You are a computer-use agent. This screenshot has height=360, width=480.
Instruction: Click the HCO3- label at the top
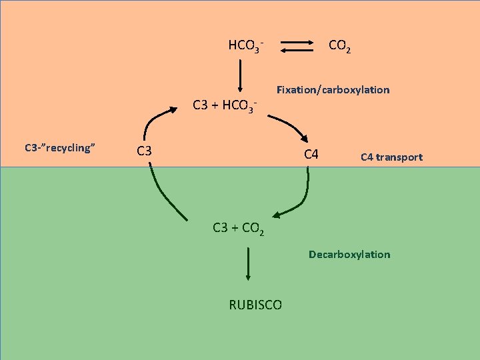(x=246, y=46)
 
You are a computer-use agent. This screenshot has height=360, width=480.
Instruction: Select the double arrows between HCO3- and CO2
(x=297, y=46)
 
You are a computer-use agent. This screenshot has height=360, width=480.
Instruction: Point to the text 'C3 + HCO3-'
(x=225, y=105)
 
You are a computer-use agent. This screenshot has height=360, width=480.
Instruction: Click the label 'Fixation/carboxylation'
(x=333, y=89)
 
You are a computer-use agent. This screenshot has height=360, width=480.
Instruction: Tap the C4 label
(x=311, y=155)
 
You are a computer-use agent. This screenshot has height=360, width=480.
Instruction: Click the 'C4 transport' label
(x=391, y=157)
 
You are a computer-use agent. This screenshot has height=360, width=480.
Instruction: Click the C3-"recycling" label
(x=57, y=147)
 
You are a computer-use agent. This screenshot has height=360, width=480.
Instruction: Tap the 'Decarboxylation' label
(x=349, y=254)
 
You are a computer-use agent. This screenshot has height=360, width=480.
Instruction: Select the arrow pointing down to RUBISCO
(x=248, y=263)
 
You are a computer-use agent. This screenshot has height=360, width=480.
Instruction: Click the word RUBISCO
(x=255, y=305)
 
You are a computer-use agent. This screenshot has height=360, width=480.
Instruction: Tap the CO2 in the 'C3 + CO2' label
(x=253, y=229)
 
